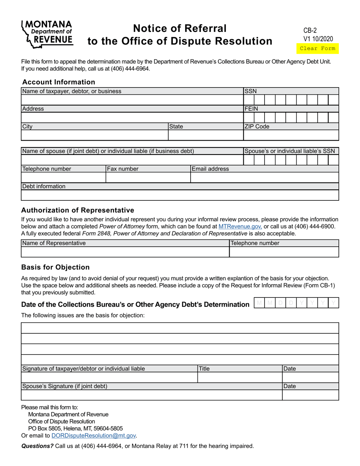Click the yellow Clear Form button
(317, 48)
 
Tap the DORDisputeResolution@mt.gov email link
(94, 436)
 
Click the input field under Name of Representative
(125, 252)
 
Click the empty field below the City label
(94, 135)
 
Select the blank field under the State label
(205, 135)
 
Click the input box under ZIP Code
(291, 135)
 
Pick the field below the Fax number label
(148, 178)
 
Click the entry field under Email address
(264, 178)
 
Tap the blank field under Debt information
(180, 195)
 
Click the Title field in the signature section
(239, 377)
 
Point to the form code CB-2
(310, 31)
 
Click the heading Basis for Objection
(55, 267)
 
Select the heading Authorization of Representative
(78, 210)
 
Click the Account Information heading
(59, 82)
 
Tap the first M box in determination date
(260, 303)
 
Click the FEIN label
(251, 109)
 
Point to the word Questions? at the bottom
(37, 446)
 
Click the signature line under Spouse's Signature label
(152, 395)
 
